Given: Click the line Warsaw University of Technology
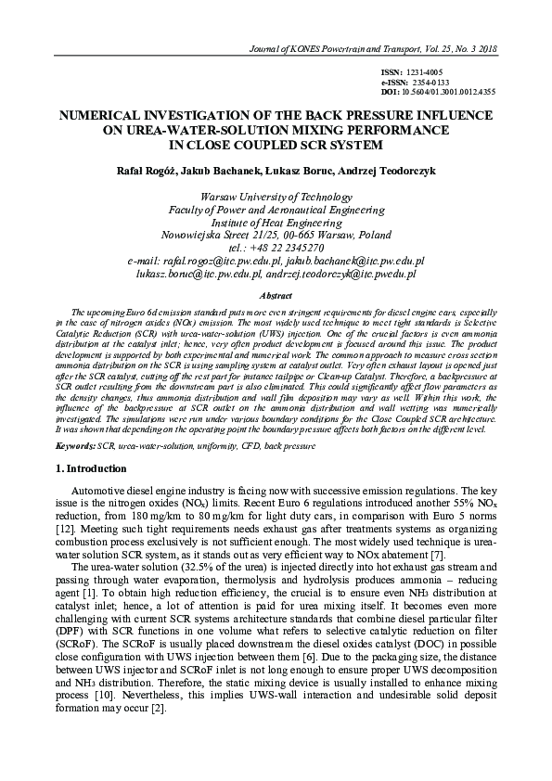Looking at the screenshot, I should pos(276,197).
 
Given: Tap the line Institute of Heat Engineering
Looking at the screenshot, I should pos(276,223).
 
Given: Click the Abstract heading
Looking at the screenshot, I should pos(276,295).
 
